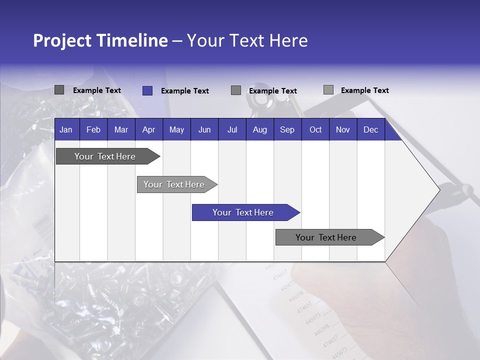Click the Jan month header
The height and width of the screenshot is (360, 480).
pos(66,129)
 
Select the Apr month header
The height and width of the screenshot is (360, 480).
pos(149,129)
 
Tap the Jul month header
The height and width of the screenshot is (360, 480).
pos(232,129)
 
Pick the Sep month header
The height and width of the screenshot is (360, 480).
pos(287,129)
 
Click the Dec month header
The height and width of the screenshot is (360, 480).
pos(370,129)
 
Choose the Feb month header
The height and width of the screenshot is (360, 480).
pos(93,129)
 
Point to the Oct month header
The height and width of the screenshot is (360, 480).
pos(315,129)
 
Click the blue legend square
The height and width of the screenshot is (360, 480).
pos(147,90)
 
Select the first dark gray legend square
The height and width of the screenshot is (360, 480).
pos(59,90)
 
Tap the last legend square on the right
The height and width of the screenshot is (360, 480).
pos(328,90)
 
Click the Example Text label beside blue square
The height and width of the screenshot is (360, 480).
pos(184,91)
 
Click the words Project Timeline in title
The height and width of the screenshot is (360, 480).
pos(100,40)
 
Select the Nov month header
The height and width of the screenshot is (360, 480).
pos(343,129)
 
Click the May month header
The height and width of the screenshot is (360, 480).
pos(176,129)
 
